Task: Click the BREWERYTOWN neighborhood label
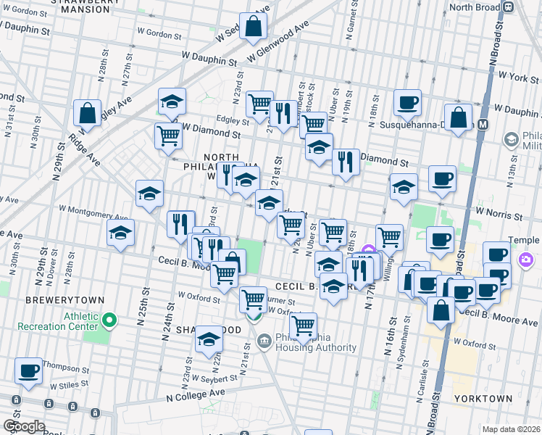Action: pyautogui.click(x=64, y=299)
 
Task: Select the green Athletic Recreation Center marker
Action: pyautogui.click(x=109, y=319)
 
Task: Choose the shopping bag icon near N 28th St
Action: pyautogui.click(x=88, y=113)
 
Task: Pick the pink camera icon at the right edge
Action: pyautogui.click(x=526, y=260)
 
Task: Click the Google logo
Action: pyautogui.click(x=23, y=426)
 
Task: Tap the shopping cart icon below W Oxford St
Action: pyautogui.click(x=302, y=326)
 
